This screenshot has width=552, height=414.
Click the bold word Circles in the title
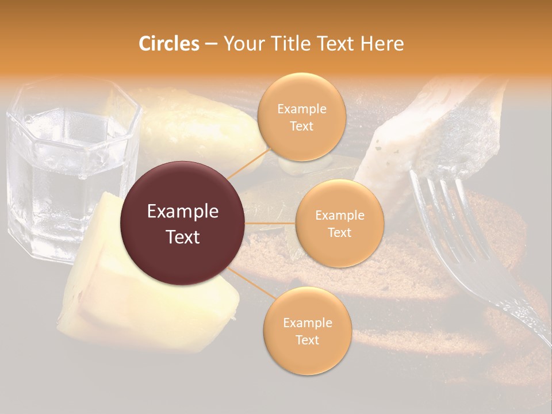click(168, 44)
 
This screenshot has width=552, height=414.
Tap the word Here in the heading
click(382, 44)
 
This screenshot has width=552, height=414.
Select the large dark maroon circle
click(183, 223)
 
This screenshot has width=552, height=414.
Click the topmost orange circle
click(301, 117)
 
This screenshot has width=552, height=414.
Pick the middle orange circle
click(339, 224)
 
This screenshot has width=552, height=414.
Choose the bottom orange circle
click(307, 331)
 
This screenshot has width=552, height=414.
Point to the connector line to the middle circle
click(270, 223)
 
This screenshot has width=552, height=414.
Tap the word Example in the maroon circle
click(183, 212)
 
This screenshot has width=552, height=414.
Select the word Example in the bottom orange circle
click(307, 323)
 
